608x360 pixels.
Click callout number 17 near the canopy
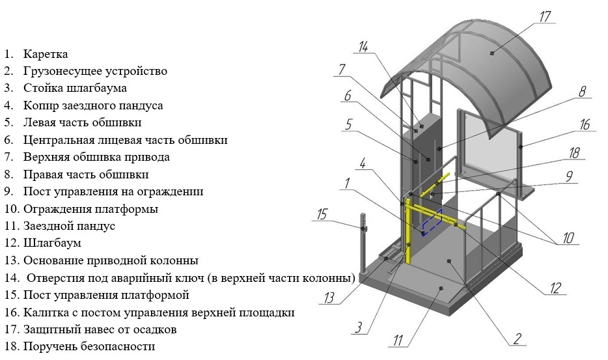click(545, 16)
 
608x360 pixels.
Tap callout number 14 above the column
click(363, 46)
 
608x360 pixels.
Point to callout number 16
click(585, 124)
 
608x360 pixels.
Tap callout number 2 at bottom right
click(516, 338)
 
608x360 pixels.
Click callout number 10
click(569, 238)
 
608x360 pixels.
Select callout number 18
click(573, 154)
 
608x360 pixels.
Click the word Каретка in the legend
click(46, 54)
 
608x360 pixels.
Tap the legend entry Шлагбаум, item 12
click(52, 243)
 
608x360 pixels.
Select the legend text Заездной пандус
click(69, 226)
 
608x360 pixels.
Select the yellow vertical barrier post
click(408, 234)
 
